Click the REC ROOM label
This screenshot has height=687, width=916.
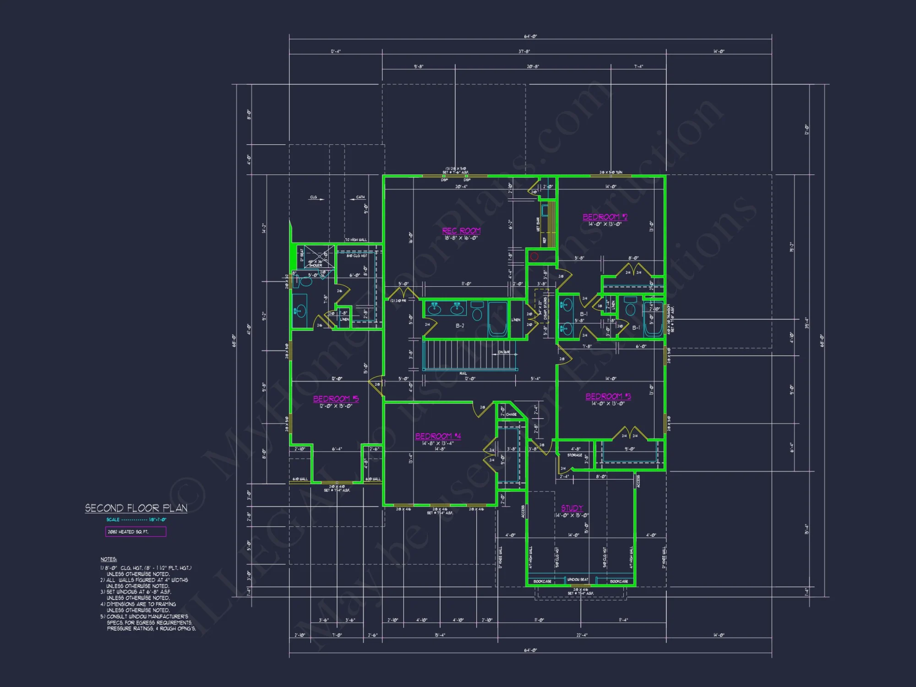[x=461, y=231]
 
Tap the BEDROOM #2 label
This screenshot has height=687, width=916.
[x=605, y=217]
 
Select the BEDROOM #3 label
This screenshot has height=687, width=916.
[x=608, y=397]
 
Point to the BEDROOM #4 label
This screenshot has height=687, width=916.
[x=438, y=436]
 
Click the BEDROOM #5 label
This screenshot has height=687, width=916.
[x=336, y=399]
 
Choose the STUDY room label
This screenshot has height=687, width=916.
[x=572, y=508]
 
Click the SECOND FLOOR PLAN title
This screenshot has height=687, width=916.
[x=136, y=508]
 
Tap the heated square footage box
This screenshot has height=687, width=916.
[x=136, y=532]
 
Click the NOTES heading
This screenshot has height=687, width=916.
[x=109, y=559]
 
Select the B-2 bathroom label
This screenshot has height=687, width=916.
[x=460, y=326]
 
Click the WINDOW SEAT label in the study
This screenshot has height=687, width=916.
[x=578, y=580]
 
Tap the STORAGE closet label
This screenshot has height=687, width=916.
[x=574, y=455]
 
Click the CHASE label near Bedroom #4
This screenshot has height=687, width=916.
[x=511, y=414]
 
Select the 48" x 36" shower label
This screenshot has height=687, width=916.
[x=315, y=263]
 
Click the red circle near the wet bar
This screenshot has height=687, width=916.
[x=534, y=257]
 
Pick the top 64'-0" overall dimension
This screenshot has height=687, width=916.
[x=530, y=36]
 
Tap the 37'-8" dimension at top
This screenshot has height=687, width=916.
[x=524, y=51]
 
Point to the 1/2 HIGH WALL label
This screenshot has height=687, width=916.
[x=356, y=240]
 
